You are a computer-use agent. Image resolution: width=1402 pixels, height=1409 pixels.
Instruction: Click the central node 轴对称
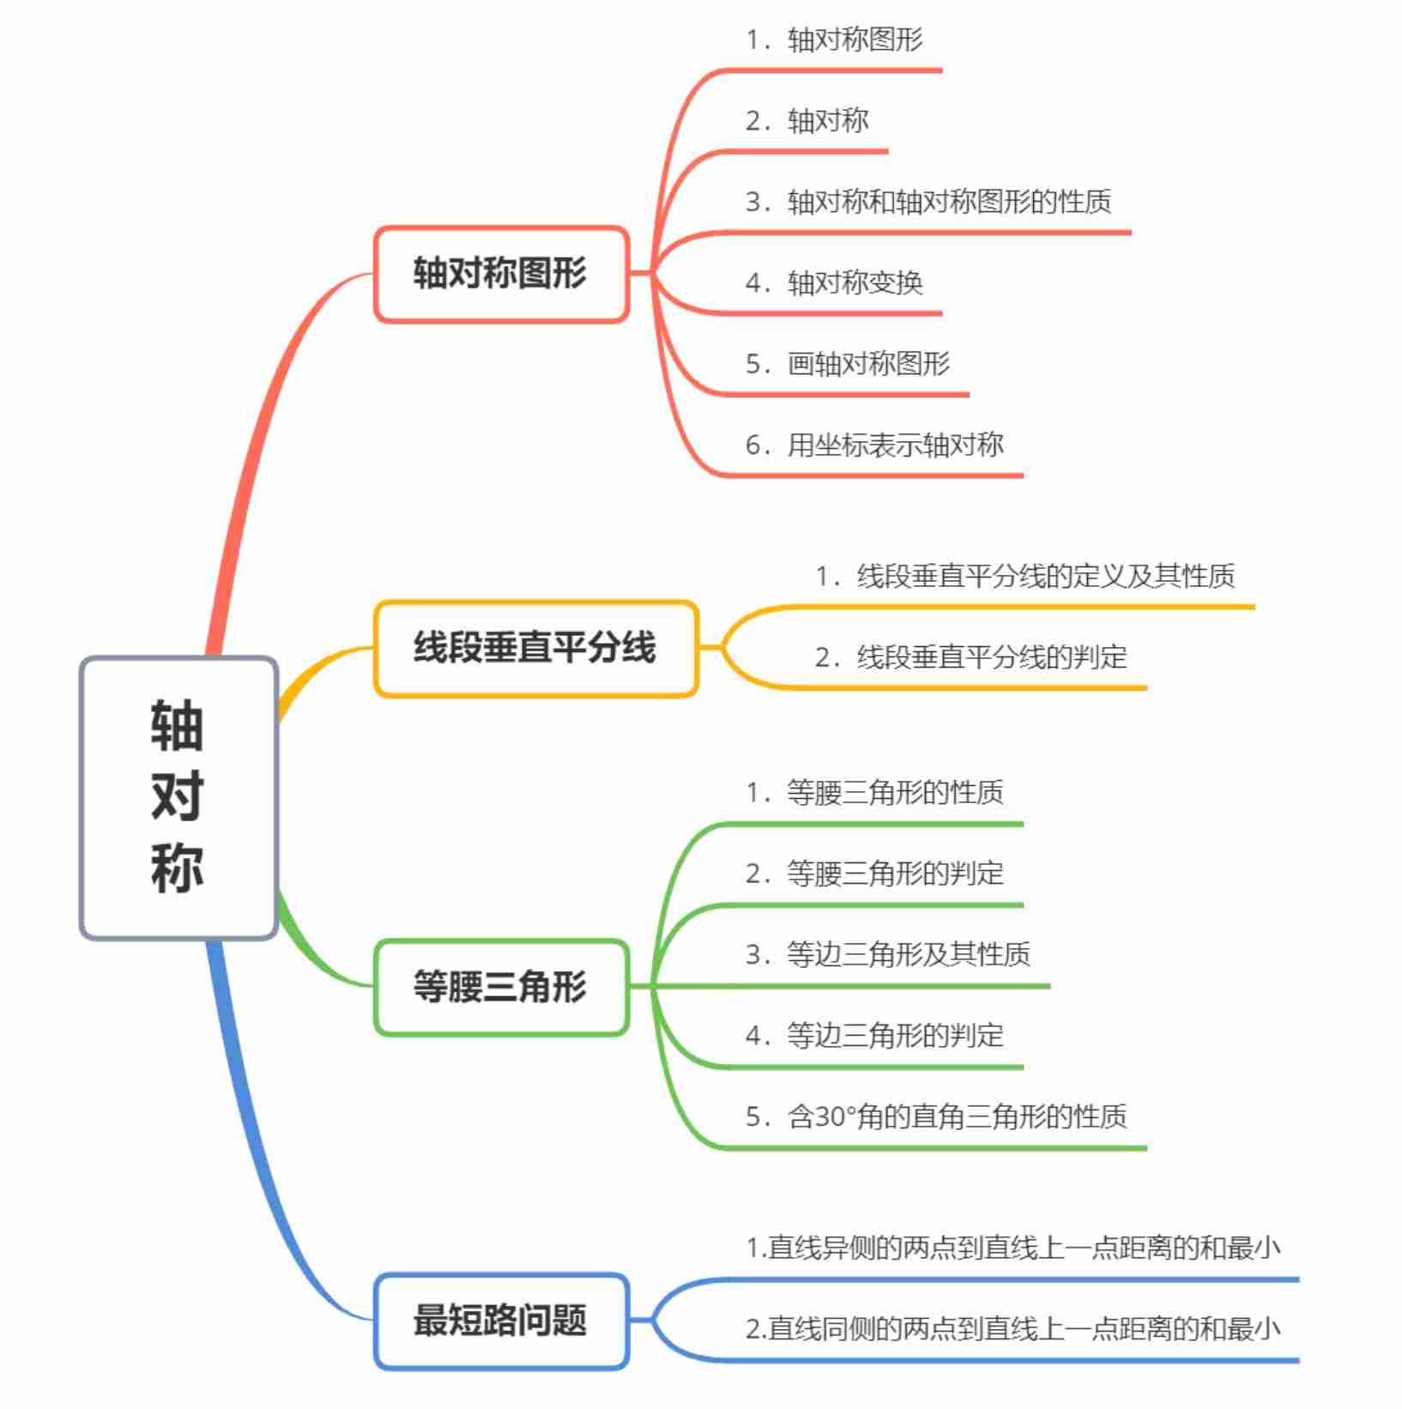[178, 797]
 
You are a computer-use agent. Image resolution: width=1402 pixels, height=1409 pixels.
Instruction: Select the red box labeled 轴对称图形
[501, 274]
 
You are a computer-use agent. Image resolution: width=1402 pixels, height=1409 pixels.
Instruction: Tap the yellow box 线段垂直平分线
[535, 648]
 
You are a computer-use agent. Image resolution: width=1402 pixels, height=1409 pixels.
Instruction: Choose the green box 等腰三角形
[501, 987]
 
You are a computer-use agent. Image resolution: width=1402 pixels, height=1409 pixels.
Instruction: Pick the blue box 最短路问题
[501, 1321]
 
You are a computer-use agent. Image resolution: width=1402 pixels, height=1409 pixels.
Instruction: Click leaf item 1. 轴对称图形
[834, 40]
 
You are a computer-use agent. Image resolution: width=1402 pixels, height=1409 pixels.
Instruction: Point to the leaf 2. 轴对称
[807, 121]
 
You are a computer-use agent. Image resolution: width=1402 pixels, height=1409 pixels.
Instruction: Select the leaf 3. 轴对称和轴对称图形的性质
[928, 203]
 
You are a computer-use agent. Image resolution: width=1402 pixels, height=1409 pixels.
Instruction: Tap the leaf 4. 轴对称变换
[834, 283]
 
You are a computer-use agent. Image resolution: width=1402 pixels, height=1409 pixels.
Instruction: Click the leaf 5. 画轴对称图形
[848, 364]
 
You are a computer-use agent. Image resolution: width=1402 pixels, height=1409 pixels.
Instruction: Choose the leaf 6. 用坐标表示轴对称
[874, 445]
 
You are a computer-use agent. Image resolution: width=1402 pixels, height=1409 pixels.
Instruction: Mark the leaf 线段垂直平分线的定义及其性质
[1024, 576]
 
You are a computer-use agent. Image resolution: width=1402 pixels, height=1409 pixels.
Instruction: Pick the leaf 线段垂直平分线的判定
[970, 657]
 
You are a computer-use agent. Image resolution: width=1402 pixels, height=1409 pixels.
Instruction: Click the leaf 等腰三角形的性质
[874, 792]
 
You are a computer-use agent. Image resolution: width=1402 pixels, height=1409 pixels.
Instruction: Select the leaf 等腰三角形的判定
[874, 874]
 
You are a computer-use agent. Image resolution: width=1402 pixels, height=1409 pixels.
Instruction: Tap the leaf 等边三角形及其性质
[888, 954]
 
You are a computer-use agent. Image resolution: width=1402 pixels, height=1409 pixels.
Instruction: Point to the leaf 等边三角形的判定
[874, 1036]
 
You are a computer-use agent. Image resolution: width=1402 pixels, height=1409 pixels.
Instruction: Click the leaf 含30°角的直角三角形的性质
[936, 1116]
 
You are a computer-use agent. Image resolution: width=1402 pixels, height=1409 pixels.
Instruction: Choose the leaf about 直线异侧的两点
[1012, 1249]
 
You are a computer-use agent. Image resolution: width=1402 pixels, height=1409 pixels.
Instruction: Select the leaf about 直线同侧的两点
[1012, 1329]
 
